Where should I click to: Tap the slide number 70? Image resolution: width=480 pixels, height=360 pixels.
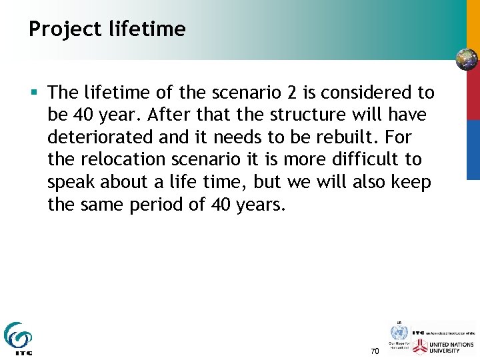click(x=374, y=351)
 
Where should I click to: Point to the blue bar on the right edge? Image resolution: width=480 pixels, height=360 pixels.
click(x=473, y=150)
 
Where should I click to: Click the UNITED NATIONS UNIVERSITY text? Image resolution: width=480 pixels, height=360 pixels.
click(x=453, y=346)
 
